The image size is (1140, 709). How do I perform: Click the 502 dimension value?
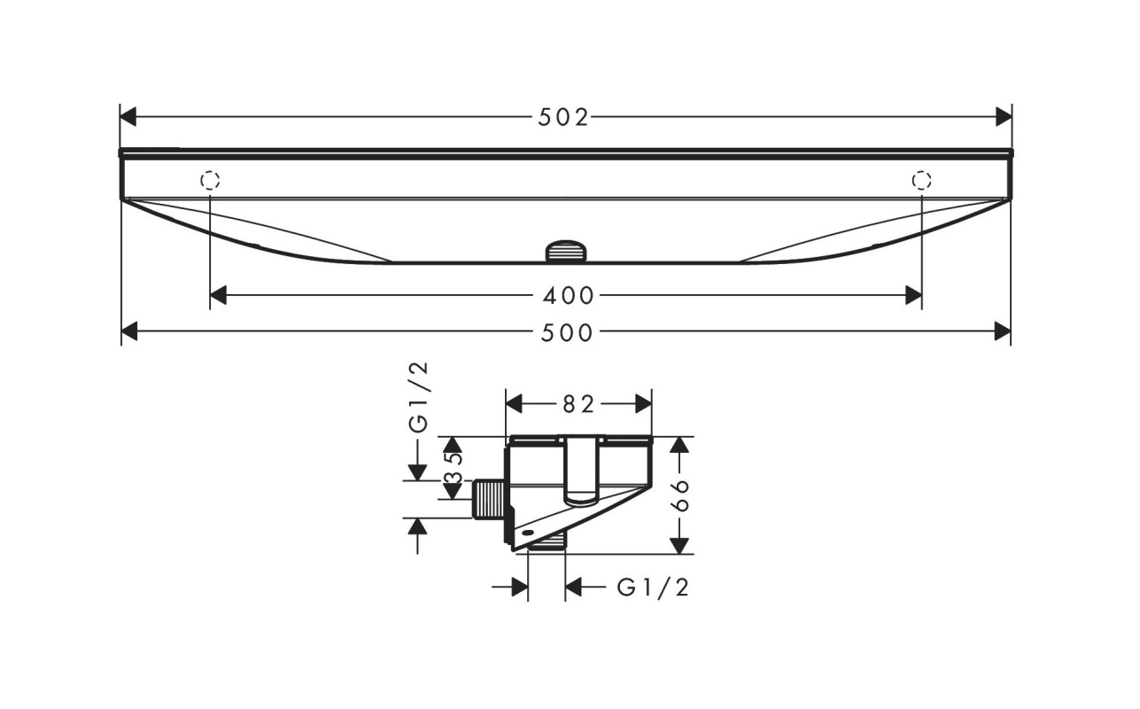click(562, 118)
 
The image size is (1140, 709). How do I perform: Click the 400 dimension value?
click(568, 295)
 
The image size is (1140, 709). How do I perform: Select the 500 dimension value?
click(566, 333)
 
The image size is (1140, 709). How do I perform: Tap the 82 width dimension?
click(578, 405)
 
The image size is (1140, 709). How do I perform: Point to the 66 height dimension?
click(680, 495)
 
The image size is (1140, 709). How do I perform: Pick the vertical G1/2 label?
click(419, 397)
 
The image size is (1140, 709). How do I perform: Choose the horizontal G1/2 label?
click(653, 588)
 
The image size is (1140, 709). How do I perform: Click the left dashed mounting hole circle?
click(210, 180)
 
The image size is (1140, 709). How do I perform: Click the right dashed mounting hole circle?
click(921, 180)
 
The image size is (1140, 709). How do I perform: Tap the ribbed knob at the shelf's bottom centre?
click(566, 251)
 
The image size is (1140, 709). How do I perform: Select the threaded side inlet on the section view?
click(489, 499)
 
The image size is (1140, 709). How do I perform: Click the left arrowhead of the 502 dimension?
click(128, 117)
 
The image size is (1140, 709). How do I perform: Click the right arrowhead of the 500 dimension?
click(1003, 331)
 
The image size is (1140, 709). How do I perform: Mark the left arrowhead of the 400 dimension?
click(218, 295)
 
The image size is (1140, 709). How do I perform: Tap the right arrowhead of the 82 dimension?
click(644, 404)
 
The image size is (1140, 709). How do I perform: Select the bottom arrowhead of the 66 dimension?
click(679, 546)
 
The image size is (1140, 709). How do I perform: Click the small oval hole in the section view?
click(528, 533)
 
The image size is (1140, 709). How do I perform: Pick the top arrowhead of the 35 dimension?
click(453, 445)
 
